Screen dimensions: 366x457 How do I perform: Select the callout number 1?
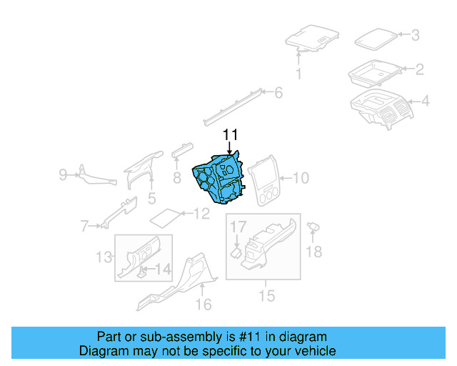[298, 74]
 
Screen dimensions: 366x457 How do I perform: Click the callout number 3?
[415, 34]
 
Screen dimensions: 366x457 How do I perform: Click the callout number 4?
[425, 102]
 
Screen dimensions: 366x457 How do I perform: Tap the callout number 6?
[278, 92]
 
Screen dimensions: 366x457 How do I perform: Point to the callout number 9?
[63, 174]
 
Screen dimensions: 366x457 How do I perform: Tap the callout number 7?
[84, 227]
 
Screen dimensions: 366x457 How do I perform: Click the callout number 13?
[104, 256]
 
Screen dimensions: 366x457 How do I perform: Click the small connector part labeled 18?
[313, 227]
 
